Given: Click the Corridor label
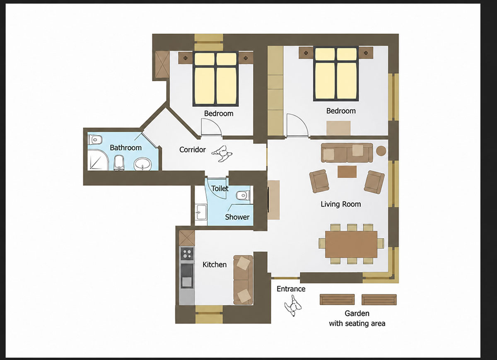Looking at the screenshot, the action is tap(192, 150).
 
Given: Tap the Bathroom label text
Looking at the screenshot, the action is tap(125, 147).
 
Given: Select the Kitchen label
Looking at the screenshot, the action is tap(215, 264).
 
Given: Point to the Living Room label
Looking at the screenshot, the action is tap(340, 204).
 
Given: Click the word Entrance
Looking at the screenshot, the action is tap(291, 289).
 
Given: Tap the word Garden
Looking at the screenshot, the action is tap(357, 313).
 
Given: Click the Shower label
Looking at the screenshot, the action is tap(237, 217).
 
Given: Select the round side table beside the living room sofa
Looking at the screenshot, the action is tap(381, 151).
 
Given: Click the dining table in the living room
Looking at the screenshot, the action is tap(351, 244).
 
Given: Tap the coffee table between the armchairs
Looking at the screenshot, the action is tap(347, 172).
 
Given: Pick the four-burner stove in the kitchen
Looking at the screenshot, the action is tap(187, 254).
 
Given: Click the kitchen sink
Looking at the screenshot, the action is tap(187, 275).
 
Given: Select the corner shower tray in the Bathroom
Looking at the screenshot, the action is tap(98, 160).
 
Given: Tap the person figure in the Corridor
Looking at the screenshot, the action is tap(222, 154).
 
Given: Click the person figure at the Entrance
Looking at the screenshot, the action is tap(293, 305).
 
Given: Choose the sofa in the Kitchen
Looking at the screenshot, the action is tap(243, 280).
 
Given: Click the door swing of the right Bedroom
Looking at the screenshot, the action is tap(297, 126).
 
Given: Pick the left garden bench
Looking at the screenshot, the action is tap(337, 300).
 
